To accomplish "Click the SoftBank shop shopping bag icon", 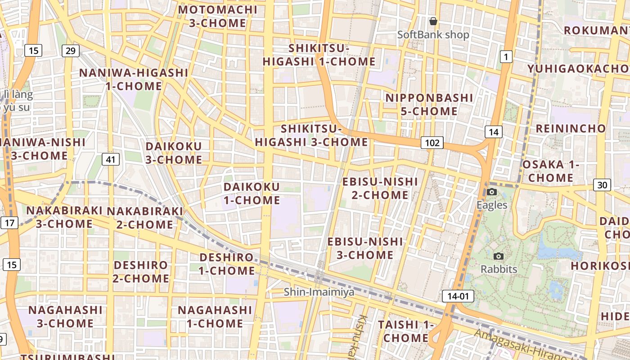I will (x=433, y=21).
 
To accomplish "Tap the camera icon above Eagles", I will (x=492, y=192).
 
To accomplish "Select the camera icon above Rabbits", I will (x=498, y=256).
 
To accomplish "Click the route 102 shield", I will (x=432, y=143).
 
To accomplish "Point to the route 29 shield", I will (x=71, y=50).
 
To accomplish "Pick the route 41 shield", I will (x=110, y=159).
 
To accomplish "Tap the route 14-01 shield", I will (x=458, y=296).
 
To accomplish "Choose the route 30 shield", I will (x=602, y=184).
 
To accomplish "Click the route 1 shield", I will (x=506, y=57).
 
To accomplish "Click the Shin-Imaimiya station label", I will (x=319, y=292).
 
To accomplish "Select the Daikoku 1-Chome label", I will (x=252, y=193).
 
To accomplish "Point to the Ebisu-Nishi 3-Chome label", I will (x=365, y=248).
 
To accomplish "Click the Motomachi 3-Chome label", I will (x=218, y=16).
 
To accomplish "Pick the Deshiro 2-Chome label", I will (x=141, y=272).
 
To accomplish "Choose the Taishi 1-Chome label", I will (x=405, y=331).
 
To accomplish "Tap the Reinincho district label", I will (x=571, y=128).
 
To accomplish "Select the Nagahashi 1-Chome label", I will (x=215, y=317).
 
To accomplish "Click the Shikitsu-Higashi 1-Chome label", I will (x=319, y=54).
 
